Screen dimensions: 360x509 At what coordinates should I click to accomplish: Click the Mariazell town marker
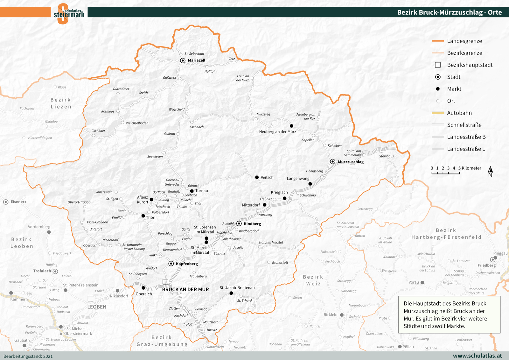coord(183,60)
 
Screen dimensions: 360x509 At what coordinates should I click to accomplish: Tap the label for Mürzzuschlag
coord(351,162)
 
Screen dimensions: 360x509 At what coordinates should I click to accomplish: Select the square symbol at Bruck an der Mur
coord(165,281)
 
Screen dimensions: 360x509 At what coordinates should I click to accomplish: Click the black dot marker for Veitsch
coord(257,177)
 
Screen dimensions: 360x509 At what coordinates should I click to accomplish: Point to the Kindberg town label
coord(252,224)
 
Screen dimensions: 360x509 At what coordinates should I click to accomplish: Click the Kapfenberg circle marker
coord(171,264)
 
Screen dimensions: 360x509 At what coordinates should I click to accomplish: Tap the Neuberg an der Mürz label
coord(277,131)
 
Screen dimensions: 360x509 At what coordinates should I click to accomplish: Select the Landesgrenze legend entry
coord(464,41)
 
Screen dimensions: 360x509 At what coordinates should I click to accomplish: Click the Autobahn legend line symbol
coord(438,113)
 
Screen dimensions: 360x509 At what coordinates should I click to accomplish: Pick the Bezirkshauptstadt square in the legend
coord(438,65)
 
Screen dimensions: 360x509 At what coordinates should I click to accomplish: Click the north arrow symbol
coord(490,171)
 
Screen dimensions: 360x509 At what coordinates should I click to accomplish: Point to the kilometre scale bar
coord(445,173)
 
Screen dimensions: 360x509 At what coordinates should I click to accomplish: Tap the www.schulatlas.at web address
coord(477,356)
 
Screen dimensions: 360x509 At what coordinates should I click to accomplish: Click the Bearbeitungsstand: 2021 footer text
coord(28,356)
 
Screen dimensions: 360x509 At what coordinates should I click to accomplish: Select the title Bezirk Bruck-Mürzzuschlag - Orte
coord(449,12)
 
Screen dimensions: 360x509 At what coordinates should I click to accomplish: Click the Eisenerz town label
coord(18,202)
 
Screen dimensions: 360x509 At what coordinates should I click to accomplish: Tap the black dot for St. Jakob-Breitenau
coord(231,293)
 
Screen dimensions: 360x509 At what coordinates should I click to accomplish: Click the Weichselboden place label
coord(137,123)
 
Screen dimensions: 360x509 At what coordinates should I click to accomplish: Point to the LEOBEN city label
coord(97,307)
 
